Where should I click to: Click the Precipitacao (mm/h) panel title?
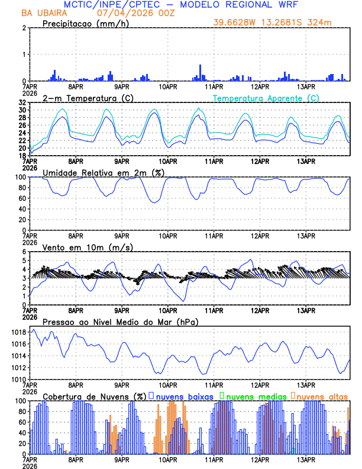click(83, 23)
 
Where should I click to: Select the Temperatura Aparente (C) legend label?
click(266, 98)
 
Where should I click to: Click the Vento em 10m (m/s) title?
click(79, 247)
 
